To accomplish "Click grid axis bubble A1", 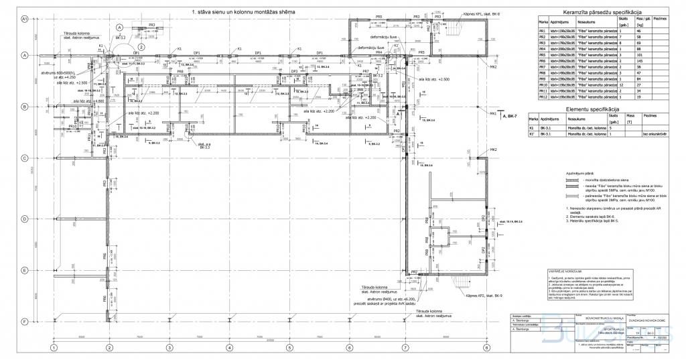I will click(x=23, y=20).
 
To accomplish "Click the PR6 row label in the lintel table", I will click(x=543, y=62).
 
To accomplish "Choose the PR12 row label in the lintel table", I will click(x=543, y=98).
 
